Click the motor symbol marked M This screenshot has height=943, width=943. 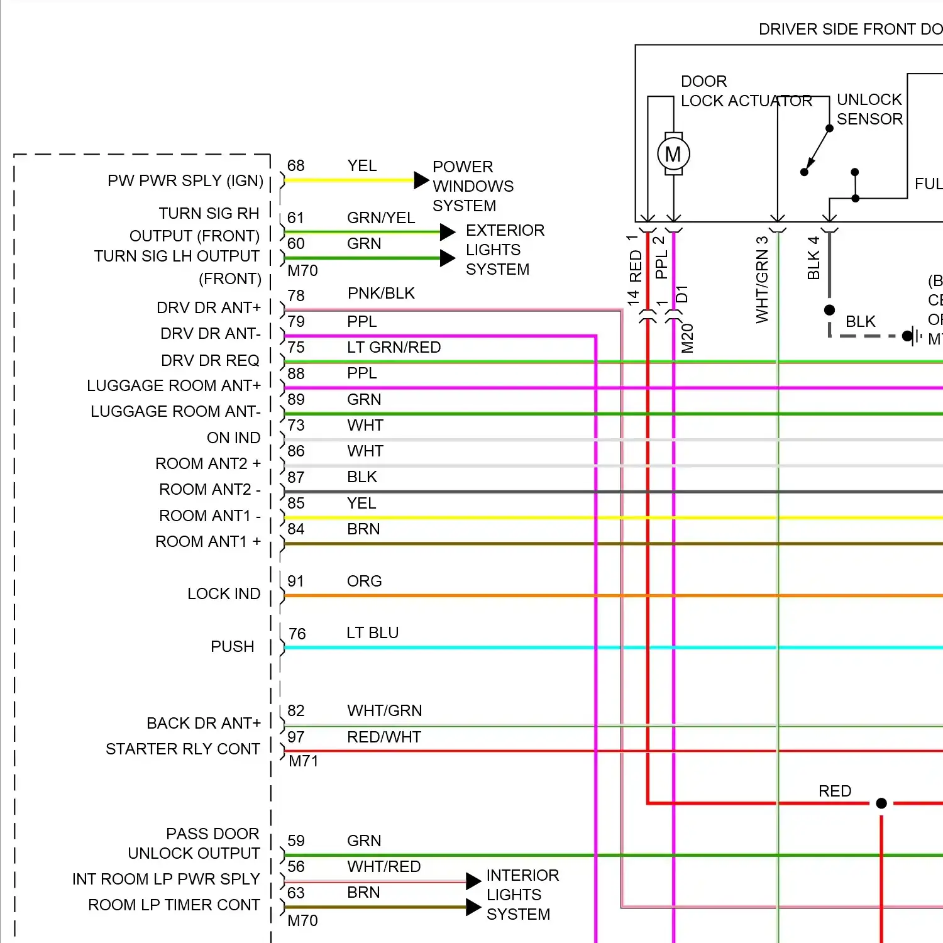pos(673,154)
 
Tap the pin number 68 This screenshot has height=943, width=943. pos(295,166)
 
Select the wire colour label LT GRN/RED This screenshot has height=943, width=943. pos(394,348)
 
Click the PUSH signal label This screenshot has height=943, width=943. pos(232,647)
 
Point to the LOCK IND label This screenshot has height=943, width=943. pos(224,594)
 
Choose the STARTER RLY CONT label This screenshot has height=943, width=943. pos(183,749)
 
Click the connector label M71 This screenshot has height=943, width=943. pos(303,761)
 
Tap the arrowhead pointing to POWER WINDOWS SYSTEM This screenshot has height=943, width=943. pos(421,180)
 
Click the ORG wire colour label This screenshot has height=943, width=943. pos(364,582)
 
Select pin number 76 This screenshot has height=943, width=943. pos(297,634)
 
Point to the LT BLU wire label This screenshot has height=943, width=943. pos(372,633)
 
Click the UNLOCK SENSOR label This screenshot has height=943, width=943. pos(869,109)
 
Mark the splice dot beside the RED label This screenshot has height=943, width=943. pos(881,803)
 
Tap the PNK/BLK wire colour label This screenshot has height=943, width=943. pos(381,294)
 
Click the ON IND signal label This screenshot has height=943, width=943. pos(233,438)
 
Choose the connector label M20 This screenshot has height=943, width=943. pos(687,338)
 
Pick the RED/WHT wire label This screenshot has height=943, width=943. pos(383,737)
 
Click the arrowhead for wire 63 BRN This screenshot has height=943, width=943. pos(473,907)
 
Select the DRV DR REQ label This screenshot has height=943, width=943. pos(210,361)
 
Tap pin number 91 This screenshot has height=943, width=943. pos(295,582)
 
